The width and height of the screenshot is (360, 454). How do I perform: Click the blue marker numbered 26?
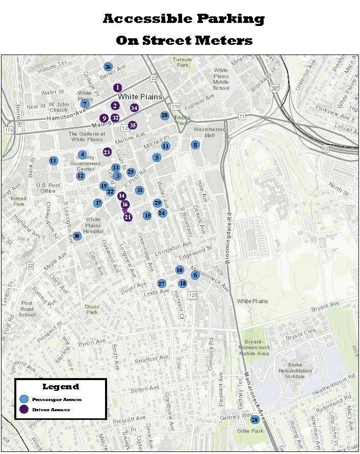108,67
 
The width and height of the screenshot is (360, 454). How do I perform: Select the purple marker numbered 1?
118,88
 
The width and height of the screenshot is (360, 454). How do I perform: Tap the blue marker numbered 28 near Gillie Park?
254,420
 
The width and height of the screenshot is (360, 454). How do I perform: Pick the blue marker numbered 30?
76,236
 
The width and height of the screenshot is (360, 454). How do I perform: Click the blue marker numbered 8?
195,145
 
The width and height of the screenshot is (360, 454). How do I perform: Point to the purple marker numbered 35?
133,125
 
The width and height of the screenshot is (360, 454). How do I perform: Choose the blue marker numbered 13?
53,161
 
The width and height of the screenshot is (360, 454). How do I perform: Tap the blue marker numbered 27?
162,284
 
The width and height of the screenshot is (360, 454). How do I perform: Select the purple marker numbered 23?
107,152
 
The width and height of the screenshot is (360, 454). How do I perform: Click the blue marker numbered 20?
164,116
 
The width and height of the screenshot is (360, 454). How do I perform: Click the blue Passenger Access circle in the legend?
24,399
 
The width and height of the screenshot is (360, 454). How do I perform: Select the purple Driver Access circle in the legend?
24,409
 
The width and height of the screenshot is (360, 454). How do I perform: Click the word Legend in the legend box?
60,387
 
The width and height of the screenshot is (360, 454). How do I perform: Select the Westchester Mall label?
209,132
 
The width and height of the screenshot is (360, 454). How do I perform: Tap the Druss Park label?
92,309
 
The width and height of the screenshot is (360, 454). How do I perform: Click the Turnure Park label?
182,62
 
